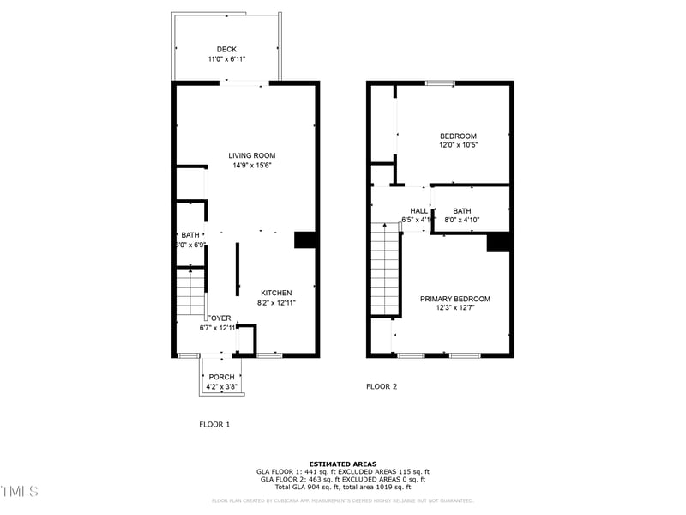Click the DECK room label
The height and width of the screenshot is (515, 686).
click(226, 50)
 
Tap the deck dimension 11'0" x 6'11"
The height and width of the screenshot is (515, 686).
click(226, 59)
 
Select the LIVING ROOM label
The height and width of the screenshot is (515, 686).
click(252, 155)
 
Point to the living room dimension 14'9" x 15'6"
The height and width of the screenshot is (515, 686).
click(252, 165)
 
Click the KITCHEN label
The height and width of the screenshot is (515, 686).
click(276, 293)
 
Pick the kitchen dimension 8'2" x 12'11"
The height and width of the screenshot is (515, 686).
click(276, 302)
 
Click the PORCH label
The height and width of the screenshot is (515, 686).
click(221, 377)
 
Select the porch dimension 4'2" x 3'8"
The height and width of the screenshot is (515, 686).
click(221, 386)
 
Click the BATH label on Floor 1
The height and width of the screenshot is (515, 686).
click(190, 235)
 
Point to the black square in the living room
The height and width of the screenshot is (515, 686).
click(305, 240)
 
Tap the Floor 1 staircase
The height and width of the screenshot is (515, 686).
click(190, 293)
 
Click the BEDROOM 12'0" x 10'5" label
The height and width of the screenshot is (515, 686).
click(458, 136)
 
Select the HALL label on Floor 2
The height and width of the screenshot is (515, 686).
click(418, 211)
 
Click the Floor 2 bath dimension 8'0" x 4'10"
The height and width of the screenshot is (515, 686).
click(461, 221)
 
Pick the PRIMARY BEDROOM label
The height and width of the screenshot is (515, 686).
click(454, 299)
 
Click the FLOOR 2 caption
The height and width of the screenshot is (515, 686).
click(382, 386)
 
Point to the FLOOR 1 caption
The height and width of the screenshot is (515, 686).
click(214, 424)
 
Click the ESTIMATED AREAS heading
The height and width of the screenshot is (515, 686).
click(342, 463)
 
